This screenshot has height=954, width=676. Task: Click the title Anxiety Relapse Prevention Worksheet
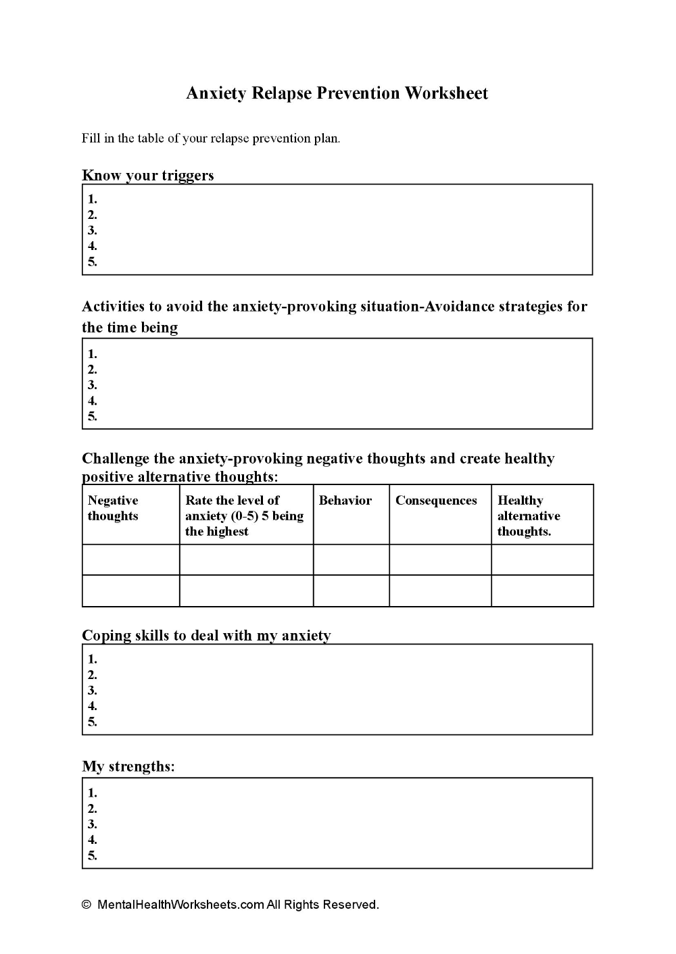coord(337,93)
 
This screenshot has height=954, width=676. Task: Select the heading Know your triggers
coord(147,176)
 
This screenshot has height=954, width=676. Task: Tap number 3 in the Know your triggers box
coord(93,230)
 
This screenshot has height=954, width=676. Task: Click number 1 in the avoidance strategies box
coord(93,353)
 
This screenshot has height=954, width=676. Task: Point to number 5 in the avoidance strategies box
coord(93,416)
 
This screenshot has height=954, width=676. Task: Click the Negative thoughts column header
coord(113,508)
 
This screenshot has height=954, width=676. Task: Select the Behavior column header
coord(345,501)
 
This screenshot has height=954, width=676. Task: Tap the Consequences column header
coord(436,501)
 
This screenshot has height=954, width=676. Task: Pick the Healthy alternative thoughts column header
coord(529,516)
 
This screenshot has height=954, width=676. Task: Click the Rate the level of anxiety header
coord(244,516)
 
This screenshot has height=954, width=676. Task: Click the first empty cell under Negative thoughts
coord(130,560)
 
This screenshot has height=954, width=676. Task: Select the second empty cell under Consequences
coord(440,591)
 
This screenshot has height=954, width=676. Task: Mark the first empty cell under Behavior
coord(351,560)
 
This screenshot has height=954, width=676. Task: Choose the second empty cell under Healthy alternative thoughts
coord(542,591)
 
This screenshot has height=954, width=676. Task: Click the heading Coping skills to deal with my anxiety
coord(206,636)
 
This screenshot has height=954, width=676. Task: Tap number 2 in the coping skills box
coord(93,675)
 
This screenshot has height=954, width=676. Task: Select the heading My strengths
coord(128,767)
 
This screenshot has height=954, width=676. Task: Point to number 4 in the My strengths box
coord(93,840)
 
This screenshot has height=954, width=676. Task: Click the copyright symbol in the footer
coord(86,905)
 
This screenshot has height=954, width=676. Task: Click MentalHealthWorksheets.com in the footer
coord(180,905)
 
